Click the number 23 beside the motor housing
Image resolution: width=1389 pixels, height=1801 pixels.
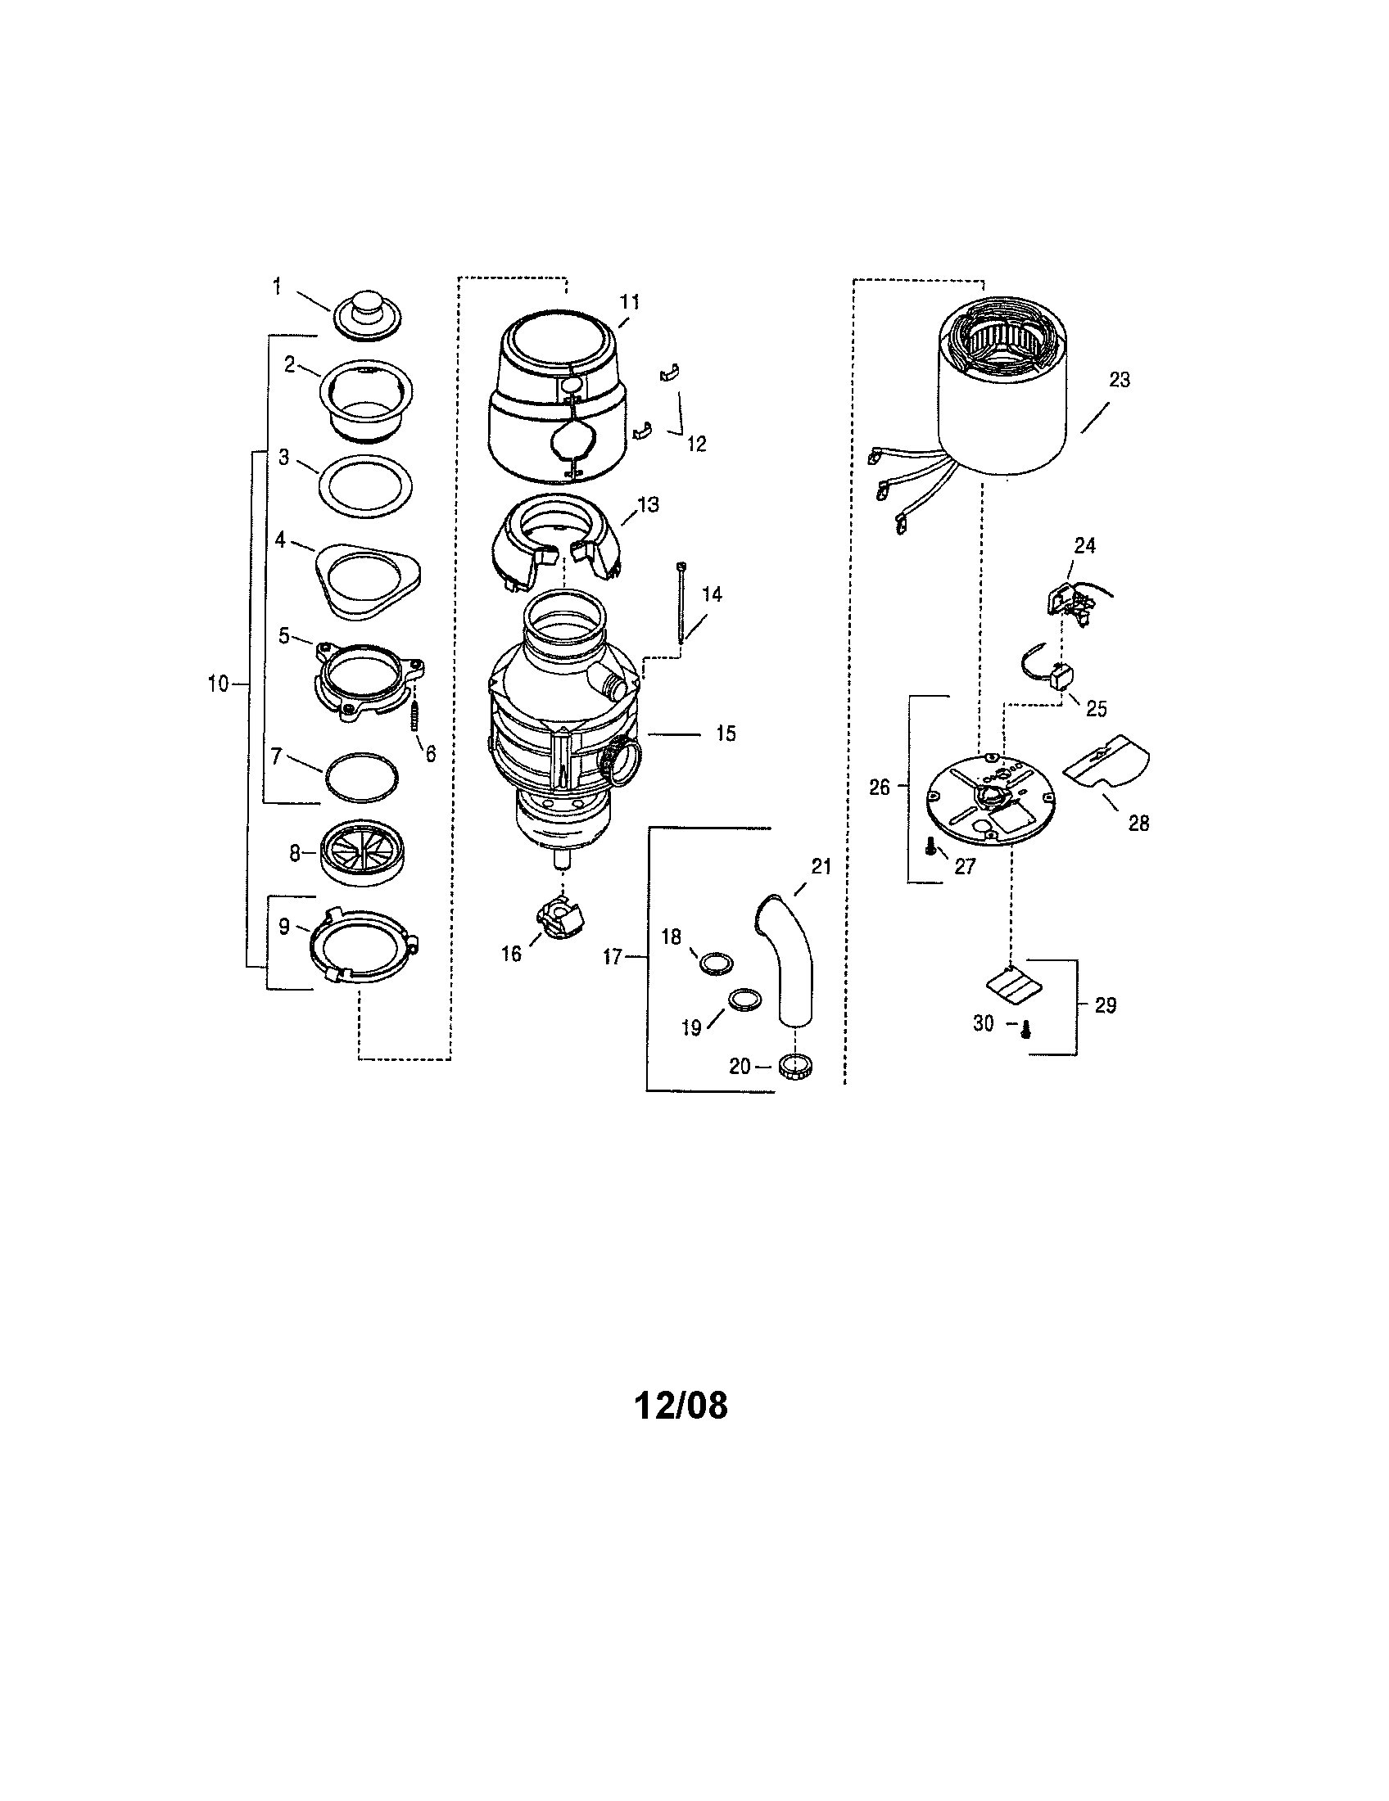pyautogui.click(x=1120, y=380)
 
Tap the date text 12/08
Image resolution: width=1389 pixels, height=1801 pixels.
pyautogui.click(x=681, y=1406)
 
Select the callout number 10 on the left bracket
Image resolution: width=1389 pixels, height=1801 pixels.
pyautogui.click(x=218, y=684)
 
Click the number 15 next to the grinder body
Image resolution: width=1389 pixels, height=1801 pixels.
pyautogui.click(x=725, y=733)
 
